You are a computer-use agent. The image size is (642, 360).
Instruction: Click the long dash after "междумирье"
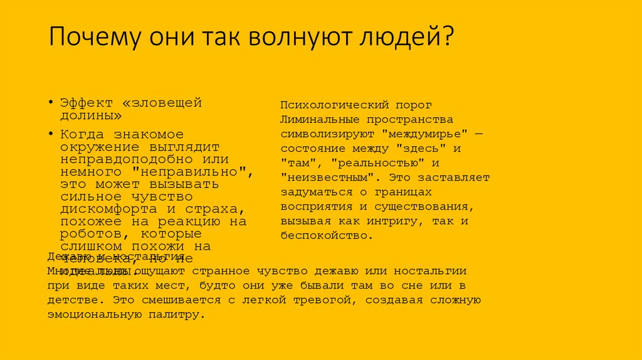pos(478,134)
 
